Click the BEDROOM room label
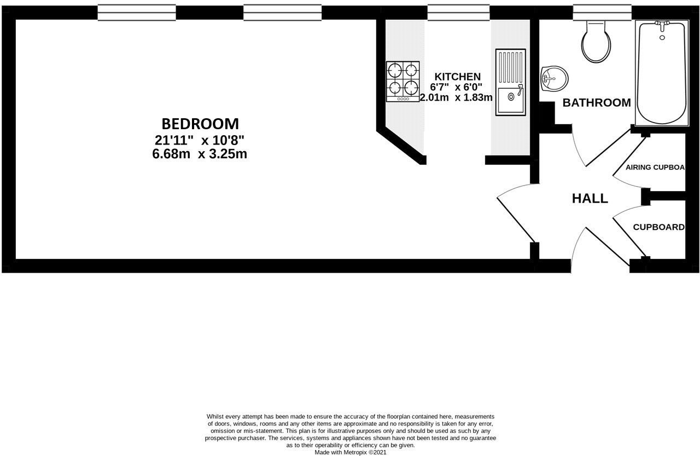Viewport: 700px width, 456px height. (x=200, y=124)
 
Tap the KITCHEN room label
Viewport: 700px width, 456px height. (x=457, y=77)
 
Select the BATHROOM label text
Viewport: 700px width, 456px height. (x=597, y=103)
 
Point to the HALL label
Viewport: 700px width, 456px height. (x=590, y=199)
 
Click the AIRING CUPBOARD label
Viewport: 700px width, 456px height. (x=655, y=168)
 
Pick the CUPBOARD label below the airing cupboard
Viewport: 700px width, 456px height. (x=658, y=227)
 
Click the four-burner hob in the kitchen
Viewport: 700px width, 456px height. (x=403, y=81)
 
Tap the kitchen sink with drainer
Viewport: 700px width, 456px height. (x=510, y=83)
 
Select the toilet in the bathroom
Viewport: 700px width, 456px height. (x=596, y=41)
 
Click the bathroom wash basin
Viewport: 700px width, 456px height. (x=554, y=79)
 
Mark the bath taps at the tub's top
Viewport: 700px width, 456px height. (x=662, y=25)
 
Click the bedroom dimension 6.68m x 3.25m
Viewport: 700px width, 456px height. (x=200, y=154)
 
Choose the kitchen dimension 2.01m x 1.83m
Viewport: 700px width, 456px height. (x=456, y=98)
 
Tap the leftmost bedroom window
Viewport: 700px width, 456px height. (x=137, y=12)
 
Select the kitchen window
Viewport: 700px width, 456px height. (x=458, y=12)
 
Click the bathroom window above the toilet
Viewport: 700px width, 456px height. (x=602, y=12)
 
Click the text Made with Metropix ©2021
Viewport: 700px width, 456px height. (x=351, y=452)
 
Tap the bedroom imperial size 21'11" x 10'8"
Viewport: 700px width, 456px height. (x=200, y=140)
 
